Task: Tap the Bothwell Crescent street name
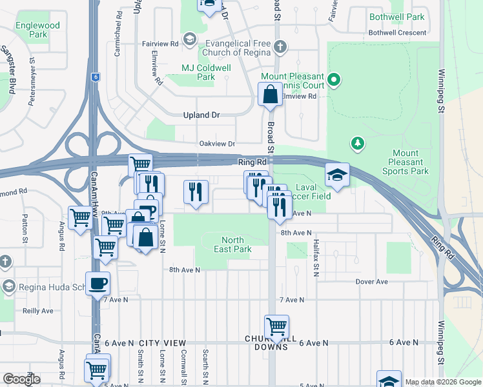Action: click(396, 34)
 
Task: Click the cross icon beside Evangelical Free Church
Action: click(279, 46)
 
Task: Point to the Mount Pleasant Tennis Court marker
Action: click(333, 81)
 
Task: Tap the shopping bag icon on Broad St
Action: click(270, 95)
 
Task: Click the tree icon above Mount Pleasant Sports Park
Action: click(356, 143)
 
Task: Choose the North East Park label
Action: click(232, 244)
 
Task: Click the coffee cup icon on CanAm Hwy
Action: click(98, 283)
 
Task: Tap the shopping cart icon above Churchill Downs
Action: click(277, 326)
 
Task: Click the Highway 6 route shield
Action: click(95, 76)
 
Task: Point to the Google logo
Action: click(22, 379)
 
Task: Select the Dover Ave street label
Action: click(371, 282)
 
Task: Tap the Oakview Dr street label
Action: click(217, 144)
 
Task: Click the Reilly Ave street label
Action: click(38, 310)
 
